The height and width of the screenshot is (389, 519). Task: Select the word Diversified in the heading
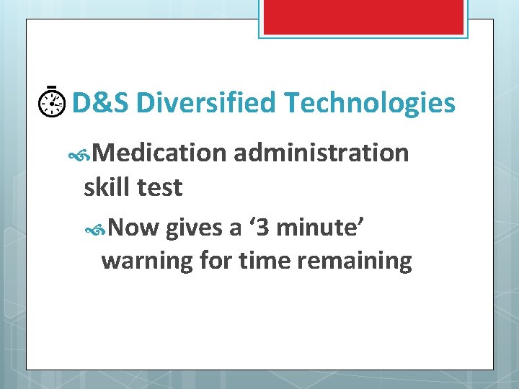[x=205, y=104]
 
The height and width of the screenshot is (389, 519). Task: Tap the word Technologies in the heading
[x=370, y=104]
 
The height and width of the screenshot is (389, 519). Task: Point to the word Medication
[x=159, y=153]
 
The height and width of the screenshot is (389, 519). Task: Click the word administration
[x=321, y=153]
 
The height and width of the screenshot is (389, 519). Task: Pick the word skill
[x=107, y=187]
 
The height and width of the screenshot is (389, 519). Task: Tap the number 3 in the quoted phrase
[x=265, y=228]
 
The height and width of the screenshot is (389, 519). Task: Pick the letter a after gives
[x=235, y=229]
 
